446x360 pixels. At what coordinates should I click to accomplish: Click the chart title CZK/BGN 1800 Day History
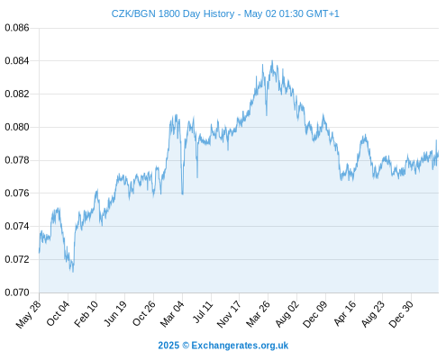[x=173, y=13]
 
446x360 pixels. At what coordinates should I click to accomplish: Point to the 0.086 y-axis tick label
[x=17, y=28]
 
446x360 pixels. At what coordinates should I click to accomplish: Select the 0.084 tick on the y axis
[x=17, y=61]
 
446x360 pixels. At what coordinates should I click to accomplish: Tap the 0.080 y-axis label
[x=17, y=127]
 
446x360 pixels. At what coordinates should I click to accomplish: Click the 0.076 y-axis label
[x=17, y=193]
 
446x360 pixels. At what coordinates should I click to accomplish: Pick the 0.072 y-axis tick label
[x=17, y=259]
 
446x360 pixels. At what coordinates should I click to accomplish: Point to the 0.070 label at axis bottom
[x=17, y=292]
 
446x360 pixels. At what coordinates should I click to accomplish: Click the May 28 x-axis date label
[x=29, y=314]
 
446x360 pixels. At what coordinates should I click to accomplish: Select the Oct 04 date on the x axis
[x=58, y=313]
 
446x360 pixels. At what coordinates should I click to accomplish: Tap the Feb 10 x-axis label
[x=86, y=313]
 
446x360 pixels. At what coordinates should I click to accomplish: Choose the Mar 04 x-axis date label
[x=171, y=314]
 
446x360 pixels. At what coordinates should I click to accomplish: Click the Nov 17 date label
[x=229, y=314]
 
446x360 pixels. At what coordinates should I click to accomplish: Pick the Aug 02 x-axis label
[x=287, y=314]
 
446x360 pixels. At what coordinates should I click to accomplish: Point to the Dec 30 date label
[x=401, y=314]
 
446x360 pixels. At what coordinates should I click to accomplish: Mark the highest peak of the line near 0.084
[x=272, y=61]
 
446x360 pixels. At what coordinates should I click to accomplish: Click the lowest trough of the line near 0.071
[x=73, y=272]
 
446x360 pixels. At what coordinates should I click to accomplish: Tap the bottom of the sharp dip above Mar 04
[x=182, y=193]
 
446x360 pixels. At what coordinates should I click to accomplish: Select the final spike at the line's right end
[x=436, y=140]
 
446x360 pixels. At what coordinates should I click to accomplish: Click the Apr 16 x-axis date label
[x=344, y=313]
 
